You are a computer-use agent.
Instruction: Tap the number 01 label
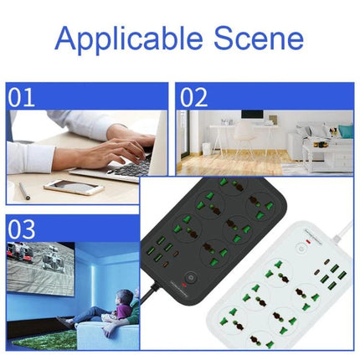point(23,97)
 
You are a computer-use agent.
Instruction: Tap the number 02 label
point(193,97)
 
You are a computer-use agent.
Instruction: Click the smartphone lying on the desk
point(74,187)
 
